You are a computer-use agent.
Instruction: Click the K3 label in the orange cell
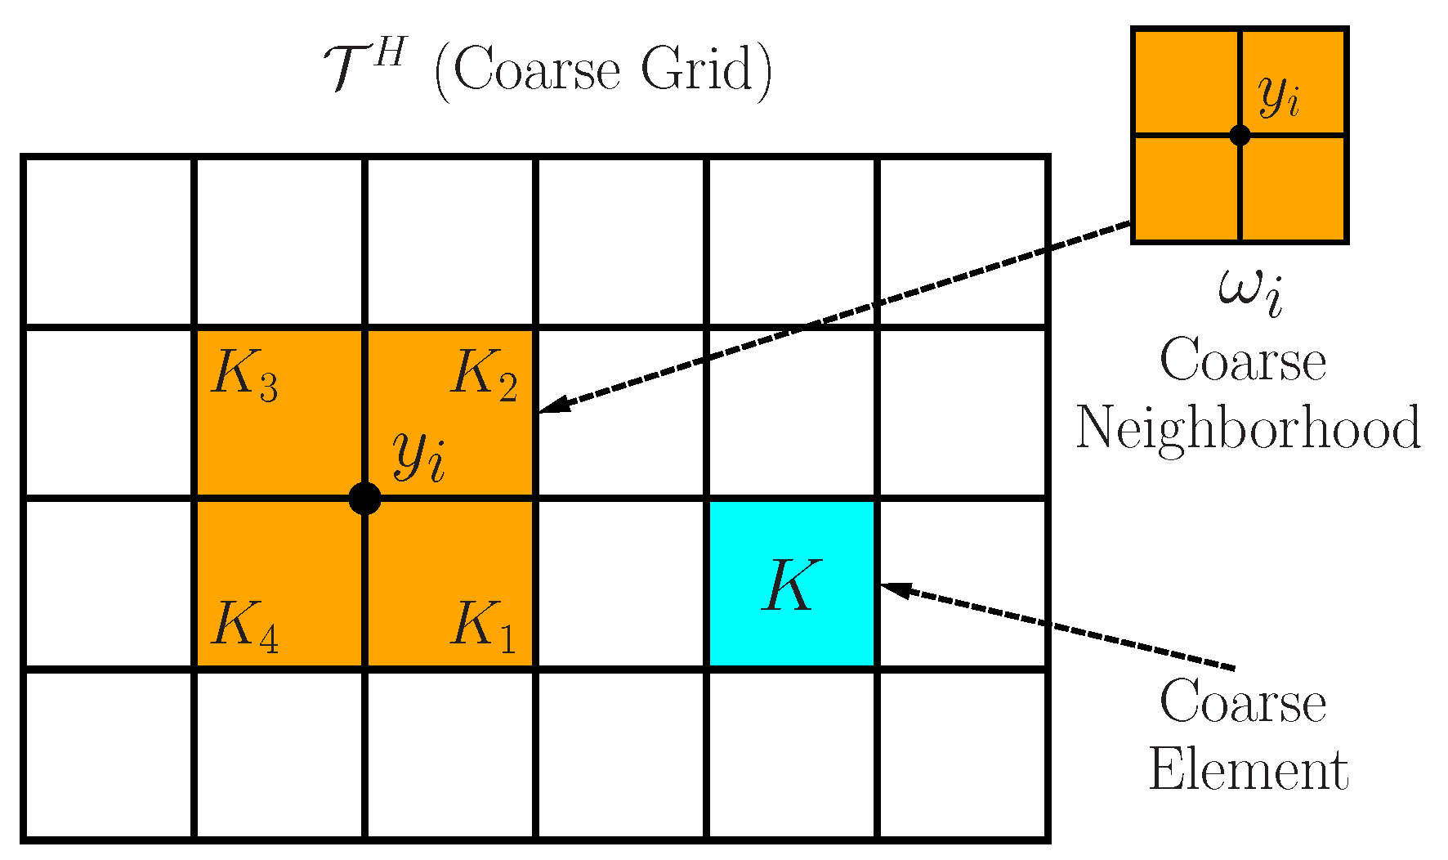coord(244,375)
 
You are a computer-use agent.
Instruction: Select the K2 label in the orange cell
coord(485,375)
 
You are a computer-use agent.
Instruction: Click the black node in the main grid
coord(364,498)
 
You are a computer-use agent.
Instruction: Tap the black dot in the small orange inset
coord(1240,135)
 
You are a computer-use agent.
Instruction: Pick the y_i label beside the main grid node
coord(419,456)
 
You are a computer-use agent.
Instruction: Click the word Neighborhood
coord(1248,428)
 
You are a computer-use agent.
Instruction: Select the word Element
coord(1248,770)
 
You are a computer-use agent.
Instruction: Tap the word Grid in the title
coord(695,69)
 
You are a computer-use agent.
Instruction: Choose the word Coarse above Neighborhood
coord(1242,361)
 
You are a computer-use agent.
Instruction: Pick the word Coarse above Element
coord(1242,702)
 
